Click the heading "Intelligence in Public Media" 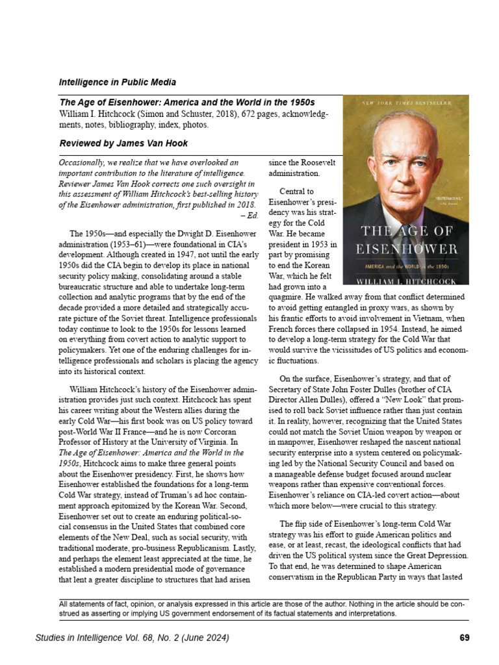click(117, 82)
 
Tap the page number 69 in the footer click(464, 638)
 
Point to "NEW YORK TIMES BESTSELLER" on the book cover click(405, 104)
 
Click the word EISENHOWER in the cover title click(406, 249)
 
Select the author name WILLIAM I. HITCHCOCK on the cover click(406, 281)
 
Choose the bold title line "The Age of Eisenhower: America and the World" click(186, 103)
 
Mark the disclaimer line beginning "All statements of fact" click(261, 604)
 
